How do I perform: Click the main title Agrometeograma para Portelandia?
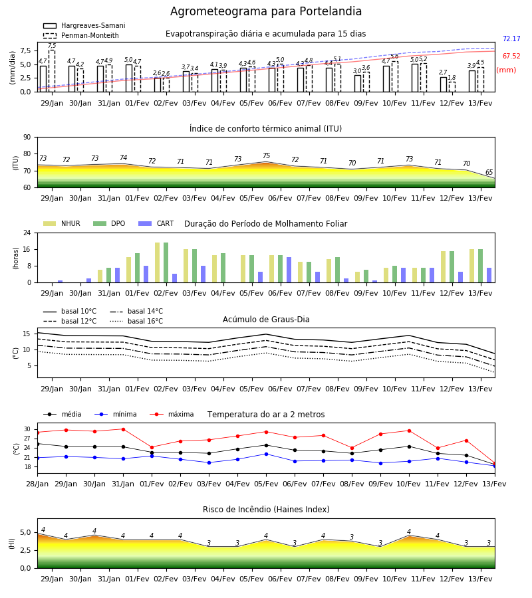click(265, 11)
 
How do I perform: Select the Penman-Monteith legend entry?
click(81, 35)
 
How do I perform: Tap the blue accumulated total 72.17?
click(511, 39)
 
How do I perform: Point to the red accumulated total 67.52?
click(511, 56)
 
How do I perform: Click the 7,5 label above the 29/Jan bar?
click(52, 46)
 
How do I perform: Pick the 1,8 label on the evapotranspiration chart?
click(452, 78)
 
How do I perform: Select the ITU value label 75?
click(267, 155)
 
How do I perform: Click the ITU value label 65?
click(489, 172)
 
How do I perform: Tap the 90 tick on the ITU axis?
click(27, 138)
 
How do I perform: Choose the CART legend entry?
click(156, 223)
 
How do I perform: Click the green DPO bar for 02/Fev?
click(166, 262)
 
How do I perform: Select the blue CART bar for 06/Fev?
click(289, 270)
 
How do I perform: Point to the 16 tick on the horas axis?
click(27, 249)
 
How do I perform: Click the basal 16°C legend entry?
click(136, 321)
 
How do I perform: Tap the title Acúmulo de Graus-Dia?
click(266, 320)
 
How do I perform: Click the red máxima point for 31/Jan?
click(123, 429)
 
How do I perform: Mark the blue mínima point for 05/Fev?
click(267, 454)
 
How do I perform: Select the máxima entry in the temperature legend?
click(172, 414)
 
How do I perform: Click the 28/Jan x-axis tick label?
click(37, 484)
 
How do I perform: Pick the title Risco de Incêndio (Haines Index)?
click(266, 510)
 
